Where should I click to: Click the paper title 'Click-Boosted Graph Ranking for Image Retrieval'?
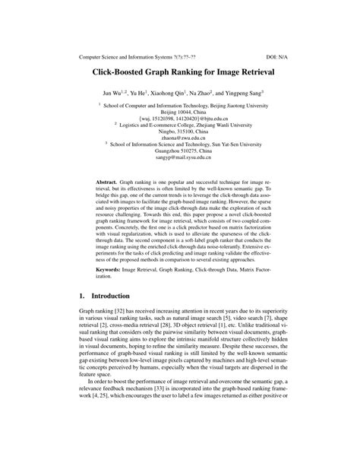coord(179,76)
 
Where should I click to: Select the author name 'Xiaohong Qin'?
coord(174,100)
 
